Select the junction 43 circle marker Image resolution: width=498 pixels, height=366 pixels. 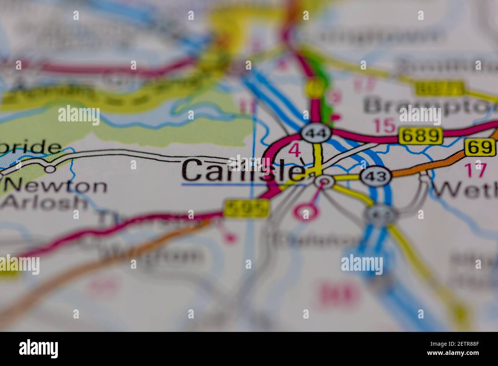(376, 177)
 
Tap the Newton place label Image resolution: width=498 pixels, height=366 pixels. (56, 186)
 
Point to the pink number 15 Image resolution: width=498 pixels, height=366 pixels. (384, 126)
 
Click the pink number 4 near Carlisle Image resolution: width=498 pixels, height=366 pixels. (294, 150)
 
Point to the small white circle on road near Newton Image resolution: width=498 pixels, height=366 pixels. (50, 168)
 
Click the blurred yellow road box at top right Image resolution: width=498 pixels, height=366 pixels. (439, 89)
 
